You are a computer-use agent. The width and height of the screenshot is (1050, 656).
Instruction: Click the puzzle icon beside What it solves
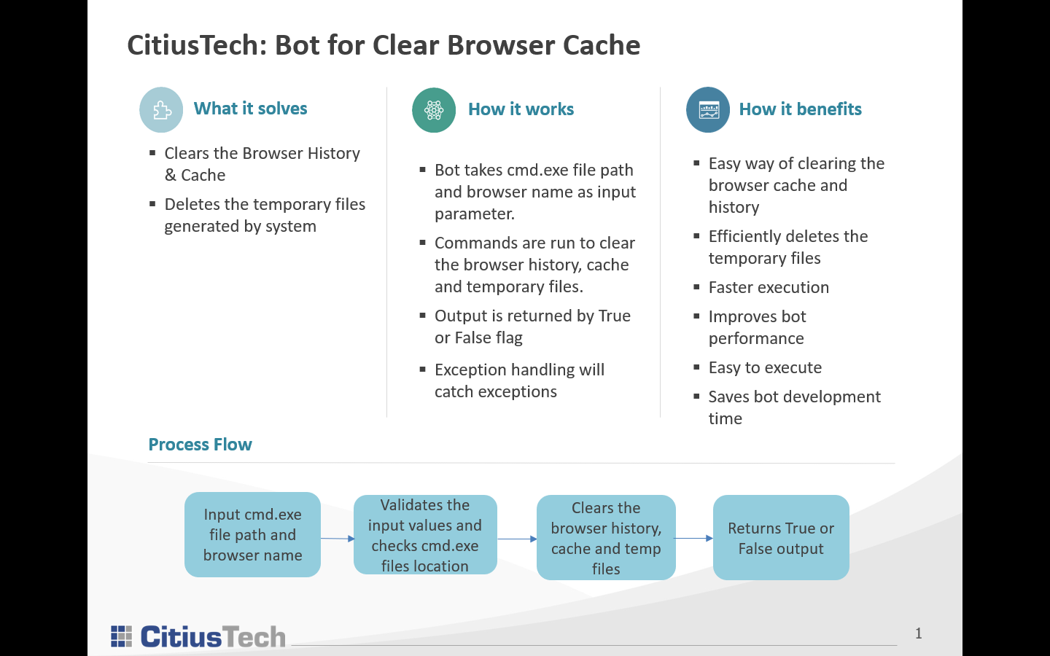[x=161, y=110]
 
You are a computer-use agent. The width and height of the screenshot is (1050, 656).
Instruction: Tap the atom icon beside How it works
[x=434, y=110]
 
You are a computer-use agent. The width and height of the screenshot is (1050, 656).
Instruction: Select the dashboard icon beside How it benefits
[x=708, y=110]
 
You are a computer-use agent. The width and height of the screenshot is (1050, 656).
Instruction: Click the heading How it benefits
[x=800, y=109]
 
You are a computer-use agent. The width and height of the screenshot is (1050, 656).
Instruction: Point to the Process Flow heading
[x=200, y=445]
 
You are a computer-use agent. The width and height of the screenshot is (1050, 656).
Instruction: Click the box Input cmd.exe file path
[x=252, y=535]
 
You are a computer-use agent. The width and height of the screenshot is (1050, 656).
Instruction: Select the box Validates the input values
[x=425, y=535]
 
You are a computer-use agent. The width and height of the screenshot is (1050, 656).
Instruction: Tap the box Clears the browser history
[x=606, y=538]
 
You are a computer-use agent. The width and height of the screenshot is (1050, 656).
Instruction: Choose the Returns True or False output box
[x=781, y=538]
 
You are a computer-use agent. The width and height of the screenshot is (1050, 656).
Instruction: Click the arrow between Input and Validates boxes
[x=337, y=539]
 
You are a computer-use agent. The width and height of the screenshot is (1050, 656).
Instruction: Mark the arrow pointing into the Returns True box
[x=693, y=539]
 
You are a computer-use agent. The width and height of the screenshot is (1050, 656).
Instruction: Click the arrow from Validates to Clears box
[x=517, y=539]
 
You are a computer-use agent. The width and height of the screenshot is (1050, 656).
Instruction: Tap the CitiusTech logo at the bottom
[x=198, y=636]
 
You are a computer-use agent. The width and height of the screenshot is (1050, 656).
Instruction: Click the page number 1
[x=919, y=633]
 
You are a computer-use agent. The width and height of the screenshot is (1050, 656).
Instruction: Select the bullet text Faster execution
[x=769, y=287]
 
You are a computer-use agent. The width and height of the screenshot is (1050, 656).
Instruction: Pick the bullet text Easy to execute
[x=765, y=367]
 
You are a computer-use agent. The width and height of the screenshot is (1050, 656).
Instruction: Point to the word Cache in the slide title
[x=604, y=45]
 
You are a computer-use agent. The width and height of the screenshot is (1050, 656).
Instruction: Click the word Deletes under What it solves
[x=192, y=204]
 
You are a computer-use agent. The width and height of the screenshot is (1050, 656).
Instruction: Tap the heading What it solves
[x=250, y=109]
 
